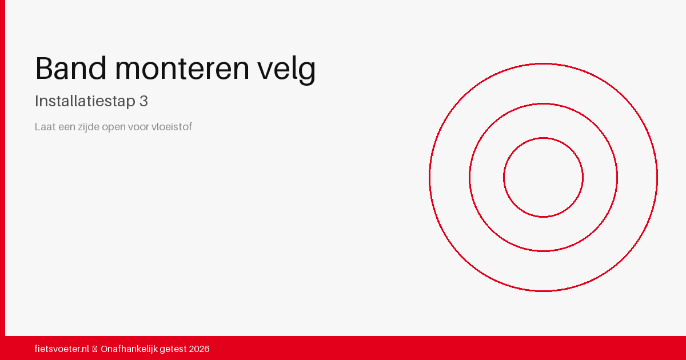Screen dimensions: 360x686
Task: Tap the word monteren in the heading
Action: point(182,70)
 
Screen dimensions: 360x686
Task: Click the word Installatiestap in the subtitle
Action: point(85,101)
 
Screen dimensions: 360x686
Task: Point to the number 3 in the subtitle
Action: point(143,101)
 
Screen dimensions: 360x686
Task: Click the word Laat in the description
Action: point(45,127)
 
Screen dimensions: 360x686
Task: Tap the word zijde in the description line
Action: point(88,127)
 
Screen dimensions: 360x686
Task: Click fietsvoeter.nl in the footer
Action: point(62,349)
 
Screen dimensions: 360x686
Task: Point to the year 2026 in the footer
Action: point(199,349)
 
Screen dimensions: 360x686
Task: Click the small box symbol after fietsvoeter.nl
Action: point(95,349)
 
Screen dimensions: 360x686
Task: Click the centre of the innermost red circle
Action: point(543,177)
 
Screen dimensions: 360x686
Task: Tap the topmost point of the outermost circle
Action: point(543,63)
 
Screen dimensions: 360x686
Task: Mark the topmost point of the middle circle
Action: point(543,103)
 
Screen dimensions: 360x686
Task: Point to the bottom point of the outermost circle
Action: point(543,291)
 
